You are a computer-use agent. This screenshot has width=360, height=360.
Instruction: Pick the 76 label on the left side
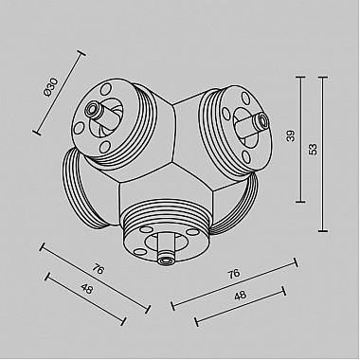tap(99, 270)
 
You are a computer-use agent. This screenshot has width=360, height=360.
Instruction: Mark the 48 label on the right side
tap(240, 296)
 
